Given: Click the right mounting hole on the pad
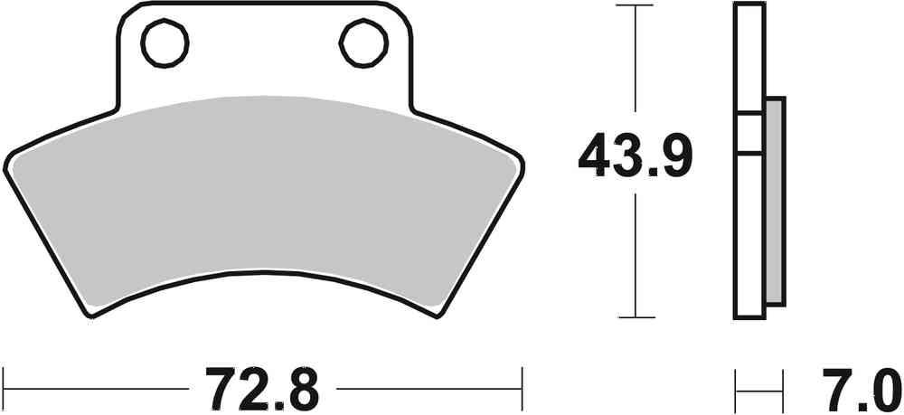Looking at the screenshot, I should click(363, 41).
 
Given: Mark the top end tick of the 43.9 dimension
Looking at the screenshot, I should click(637, 5).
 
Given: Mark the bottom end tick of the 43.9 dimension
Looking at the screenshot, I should click(637, 317).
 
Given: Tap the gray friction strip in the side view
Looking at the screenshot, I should click(775, 199).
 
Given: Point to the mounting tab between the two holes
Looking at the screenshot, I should click(264, 50).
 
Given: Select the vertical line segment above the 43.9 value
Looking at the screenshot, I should click(637, 63).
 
